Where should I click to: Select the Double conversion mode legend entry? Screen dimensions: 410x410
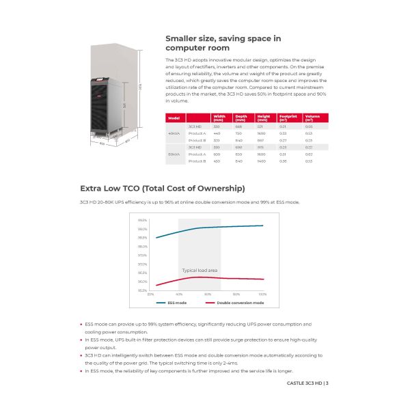click(235, 302)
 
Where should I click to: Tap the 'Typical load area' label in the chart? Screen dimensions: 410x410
click(200, 271)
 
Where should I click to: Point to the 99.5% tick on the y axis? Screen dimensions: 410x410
click(143, 220)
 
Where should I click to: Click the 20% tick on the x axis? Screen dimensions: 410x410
click(150, 294)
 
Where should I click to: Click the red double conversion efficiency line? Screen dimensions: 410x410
click(225, 278)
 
